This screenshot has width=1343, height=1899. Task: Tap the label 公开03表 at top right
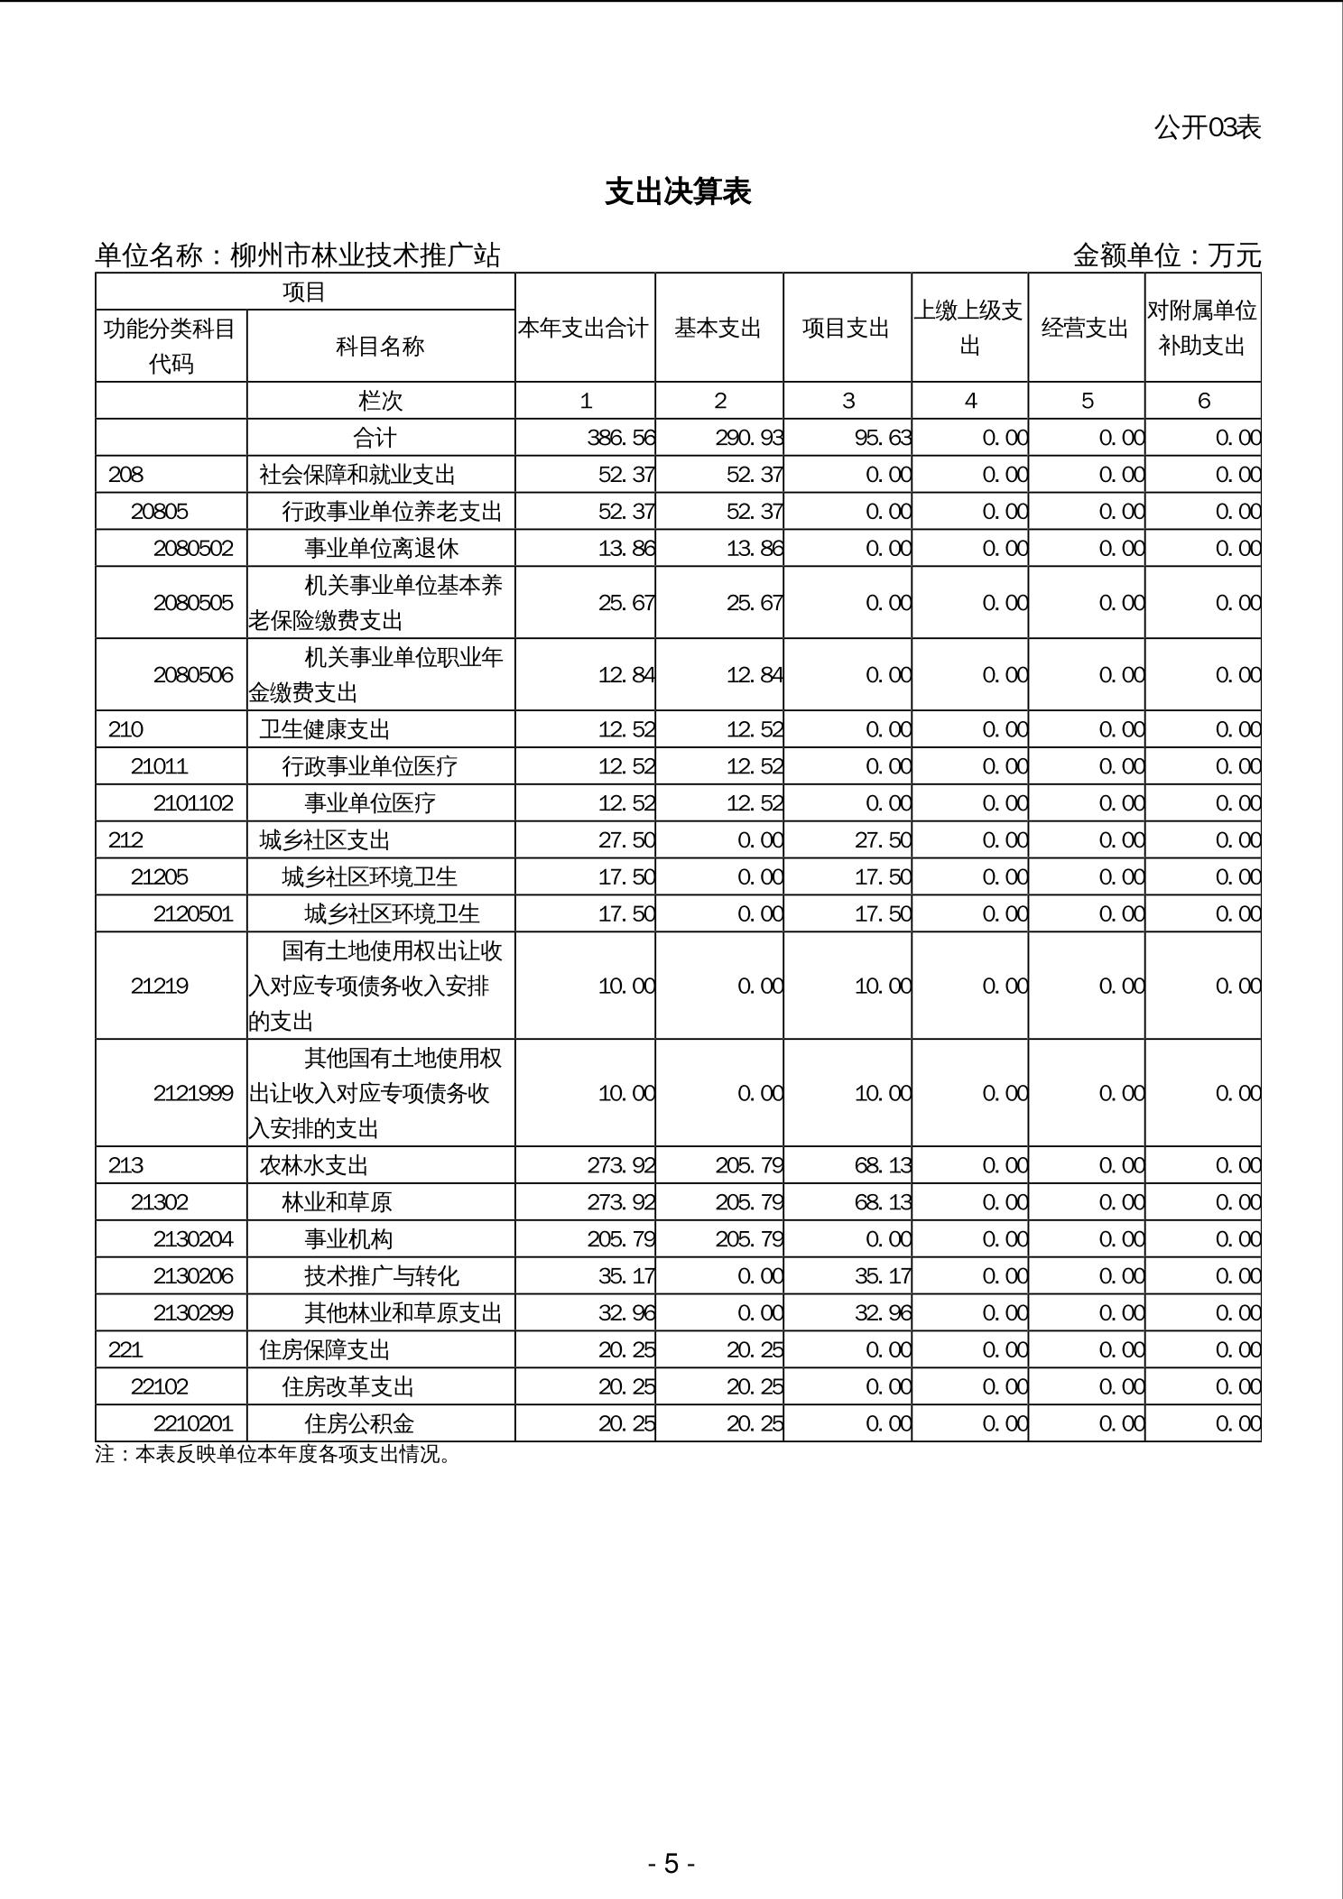(1207, 128)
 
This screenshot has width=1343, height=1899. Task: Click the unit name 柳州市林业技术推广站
(365, 255)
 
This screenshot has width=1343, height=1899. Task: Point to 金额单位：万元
(1166, 255)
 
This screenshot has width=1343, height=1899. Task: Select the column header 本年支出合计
(584, 328)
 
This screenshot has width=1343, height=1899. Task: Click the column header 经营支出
(1085, 328)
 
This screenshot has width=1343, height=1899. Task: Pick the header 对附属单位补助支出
(1201, 328)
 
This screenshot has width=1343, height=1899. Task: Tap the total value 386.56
(620, 438)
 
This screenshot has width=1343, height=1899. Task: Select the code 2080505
(193, 603)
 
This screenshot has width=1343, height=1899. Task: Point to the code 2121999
(193, 1094)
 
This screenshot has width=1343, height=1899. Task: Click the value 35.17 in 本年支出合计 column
(625, 1276)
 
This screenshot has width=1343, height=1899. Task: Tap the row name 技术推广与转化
(382, 1276)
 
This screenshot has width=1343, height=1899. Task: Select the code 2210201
(193, 1423)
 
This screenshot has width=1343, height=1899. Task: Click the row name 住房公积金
(359, 1423)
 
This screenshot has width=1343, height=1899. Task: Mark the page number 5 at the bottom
(671, 1863)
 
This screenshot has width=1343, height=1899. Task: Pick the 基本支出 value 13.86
(754, 549)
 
